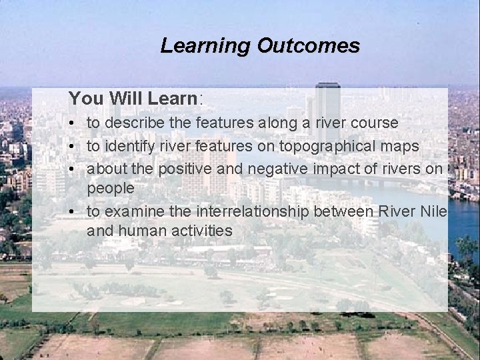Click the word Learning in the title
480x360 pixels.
click(x=205, y=46)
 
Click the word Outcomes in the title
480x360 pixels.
click(x=308, y=46)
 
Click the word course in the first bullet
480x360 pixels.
click(x=375, y=123)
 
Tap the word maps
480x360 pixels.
click(x=398, y=145)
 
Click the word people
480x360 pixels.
click(x=111, y=189)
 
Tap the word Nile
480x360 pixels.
click(x=431, y=211)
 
